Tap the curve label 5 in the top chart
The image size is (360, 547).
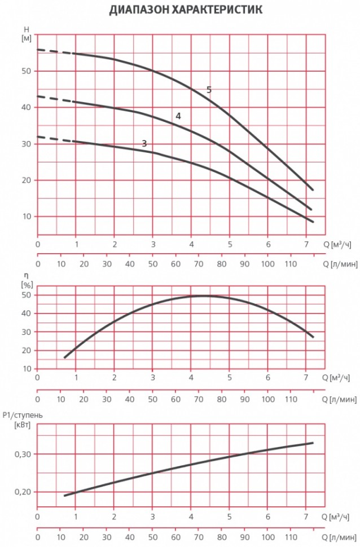(209, 90)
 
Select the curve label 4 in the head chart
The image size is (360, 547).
(178, 116)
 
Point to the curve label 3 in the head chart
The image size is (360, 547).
(144, 144)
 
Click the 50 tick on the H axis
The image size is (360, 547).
(27, 71)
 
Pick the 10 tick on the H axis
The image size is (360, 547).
(27, 217)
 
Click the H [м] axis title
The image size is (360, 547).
(27, 33)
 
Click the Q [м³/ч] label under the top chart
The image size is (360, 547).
(340, 244)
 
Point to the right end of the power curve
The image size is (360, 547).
(312, 443)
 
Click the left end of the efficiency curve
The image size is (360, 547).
(65, 357)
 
